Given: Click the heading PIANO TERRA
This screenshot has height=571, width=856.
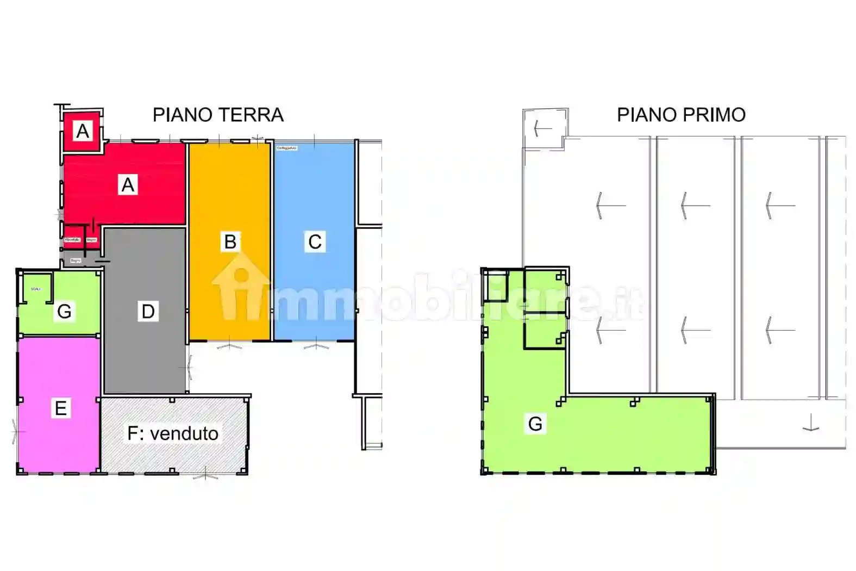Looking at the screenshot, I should point(218,115).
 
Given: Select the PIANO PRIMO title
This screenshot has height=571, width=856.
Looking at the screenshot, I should point(681,115).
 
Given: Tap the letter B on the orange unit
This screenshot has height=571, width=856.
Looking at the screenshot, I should point(230,241).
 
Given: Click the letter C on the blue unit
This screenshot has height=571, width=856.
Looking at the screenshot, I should point(315,241).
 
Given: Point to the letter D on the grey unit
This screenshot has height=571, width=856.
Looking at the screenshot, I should point(148,311).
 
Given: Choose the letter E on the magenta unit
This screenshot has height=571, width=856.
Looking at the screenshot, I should point(60,408).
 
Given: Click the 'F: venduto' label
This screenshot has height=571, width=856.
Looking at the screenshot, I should point(173,433).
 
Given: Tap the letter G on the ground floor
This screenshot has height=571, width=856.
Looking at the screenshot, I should point(64,312).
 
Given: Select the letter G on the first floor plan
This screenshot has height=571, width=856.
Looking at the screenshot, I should point(535,424).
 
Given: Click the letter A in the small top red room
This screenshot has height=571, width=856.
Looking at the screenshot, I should point(83,131).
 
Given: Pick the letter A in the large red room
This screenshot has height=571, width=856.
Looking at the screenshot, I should point(128,185).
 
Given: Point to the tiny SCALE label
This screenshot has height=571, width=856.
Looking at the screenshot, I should point(36,289).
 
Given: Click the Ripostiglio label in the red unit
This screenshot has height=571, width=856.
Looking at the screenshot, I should point(72,240).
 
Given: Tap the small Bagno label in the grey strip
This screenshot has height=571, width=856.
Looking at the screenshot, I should point(76,260).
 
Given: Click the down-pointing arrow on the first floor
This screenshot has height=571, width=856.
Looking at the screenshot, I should point(810,423).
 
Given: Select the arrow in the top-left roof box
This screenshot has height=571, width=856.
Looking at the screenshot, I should point(542,129).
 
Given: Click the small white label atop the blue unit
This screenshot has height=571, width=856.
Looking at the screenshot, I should point(286,148).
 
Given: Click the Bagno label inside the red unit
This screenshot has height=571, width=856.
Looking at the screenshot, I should point(91,240).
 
